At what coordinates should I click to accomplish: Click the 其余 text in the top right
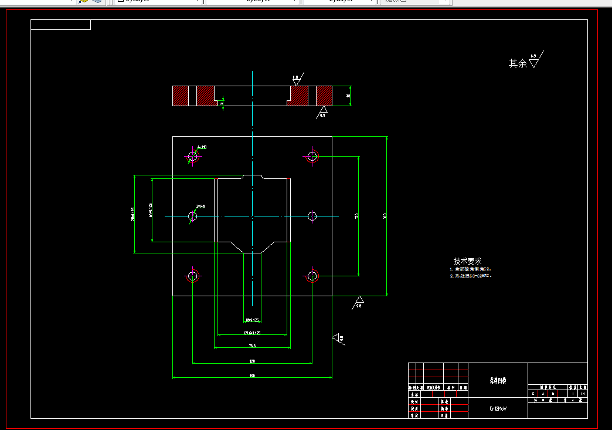coord(518,63)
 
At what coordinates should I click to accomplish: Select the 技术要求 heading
coord(467,261)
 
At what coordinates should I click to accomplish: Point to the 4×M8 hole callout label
coord(202,147)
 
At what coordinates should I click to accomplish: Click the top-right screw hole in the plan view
coord(312,156)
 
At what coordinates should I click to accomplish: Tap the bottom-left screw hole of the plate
coord(192,275)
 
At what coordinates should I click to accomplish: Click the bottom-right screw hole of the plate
coord(312,275)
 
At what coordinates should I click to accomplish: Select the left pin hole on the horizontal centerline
coord(192,216)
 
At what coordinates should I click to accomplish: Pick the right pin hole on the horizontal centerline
coord(312,216)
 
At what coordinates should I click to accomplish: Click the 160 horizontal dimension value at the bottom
coord(252,375)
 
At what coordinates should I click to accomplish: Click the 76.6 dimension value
coord(252,346)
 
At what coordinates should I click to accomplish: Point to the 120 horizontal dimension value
coord(252,361)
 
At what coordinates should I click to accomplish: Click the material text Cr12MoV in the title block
coord(498,408)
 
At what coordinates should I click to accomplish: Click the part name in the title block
coord(498,381)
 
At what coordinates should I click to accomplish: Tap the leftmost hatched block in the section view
coord(180,96)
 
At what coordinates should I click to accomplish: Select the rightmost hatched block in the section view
coord(324,96)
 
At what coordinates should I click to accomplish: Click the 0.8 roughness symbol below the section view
coord(322,111)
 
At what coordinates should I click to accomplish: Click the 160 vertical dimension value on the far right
coord(385,216)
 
